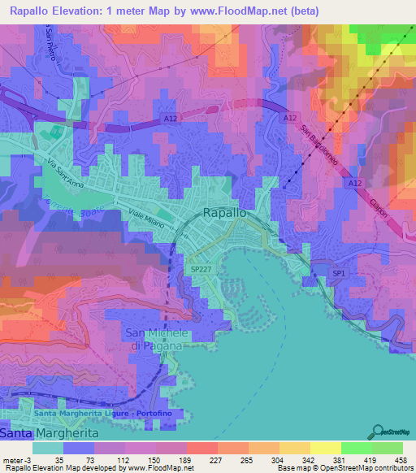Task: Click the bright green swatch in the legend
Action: [355, 447]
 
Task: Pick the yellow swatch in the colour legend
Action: [293, 447]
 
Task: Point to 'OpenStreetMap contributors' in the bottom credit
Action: [358, 468]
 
